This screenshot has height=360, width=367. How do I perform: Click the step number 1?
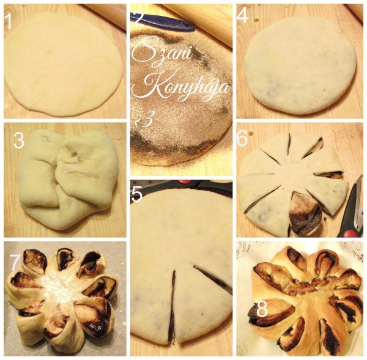tap(9, 21)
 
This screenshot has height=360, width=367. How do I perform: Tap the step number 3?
tap(19, 141)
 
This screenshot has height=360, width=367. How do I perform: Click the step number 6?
tap(242, 139)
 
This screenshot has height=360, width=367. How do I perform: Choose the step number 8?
tap(262, 309)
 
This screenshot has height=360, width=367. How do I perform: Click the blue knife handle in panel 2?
tap(164, 21)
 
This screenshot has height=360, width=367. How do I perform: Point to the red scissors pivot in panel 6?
tap(349, 233)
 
